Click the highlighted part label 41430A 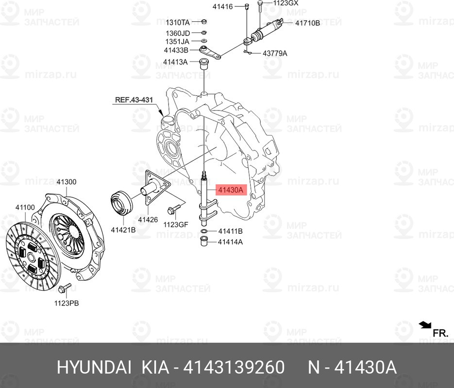coord(231,190)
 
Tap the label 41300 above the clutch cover coord(67,182)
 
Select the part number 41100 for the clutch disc coord(25,207)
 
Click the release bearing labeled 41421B coord(121,203)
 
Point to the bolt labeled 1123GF coord(174,209)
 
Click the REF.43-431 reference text coord(134,100)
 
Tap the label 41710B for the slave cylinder coord(307,23)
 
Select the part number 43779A coord(275,53)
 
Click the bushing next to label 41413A coord(204,64)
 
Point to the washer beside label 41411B coord(204,231)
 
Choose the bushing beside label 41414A coord(204,242)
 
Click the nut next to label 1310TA coord(203,22)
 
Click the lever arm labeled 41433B coord(211,52)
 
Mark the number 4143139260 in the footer coord(234,368)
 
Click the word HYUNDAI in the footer coord(94,368)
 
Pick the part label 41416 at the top coord(223,7)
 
